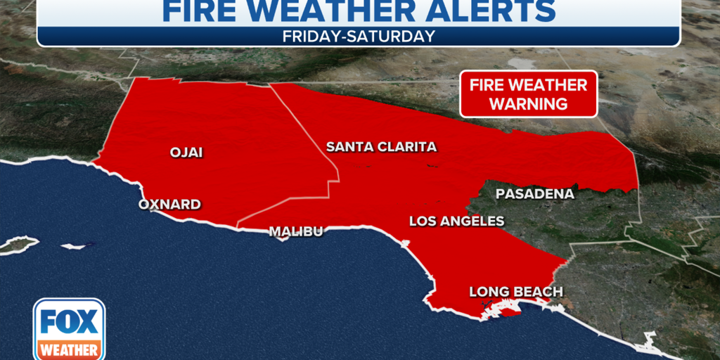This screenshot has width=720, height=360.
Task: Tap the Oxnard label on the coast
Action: (169, 205)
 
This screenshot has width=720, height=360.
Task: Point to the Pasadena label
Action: (535, 193)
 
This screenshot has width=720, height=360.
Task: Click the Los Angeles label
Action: (457, 221)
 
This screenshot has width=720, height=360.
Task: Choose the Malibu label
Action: (296, 231)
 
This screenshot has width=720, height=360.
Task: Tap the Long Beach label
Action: (516, 292)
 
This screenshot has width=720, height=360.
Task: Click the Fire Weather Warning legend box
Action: (529, 94)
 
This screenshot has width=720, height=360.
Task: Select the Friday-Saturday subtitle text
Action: (359, 37)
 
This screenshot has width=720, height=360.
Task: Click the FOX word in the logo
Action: (69, 321)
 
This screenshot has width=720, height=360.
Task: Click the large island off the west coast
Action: (18, 245)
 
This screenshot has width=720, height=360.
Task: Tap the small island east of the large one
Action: (74, 247)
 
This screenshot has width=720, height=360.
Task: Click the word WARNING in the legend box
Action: (529, 104)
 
